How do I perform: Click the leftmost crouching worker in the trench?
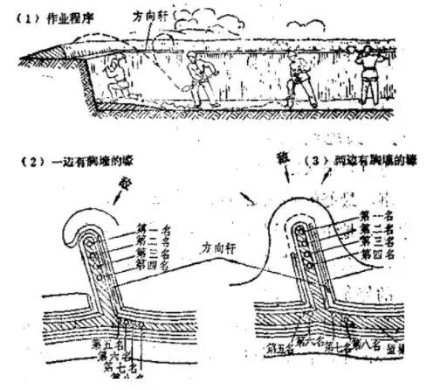(x=111, y=80)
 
